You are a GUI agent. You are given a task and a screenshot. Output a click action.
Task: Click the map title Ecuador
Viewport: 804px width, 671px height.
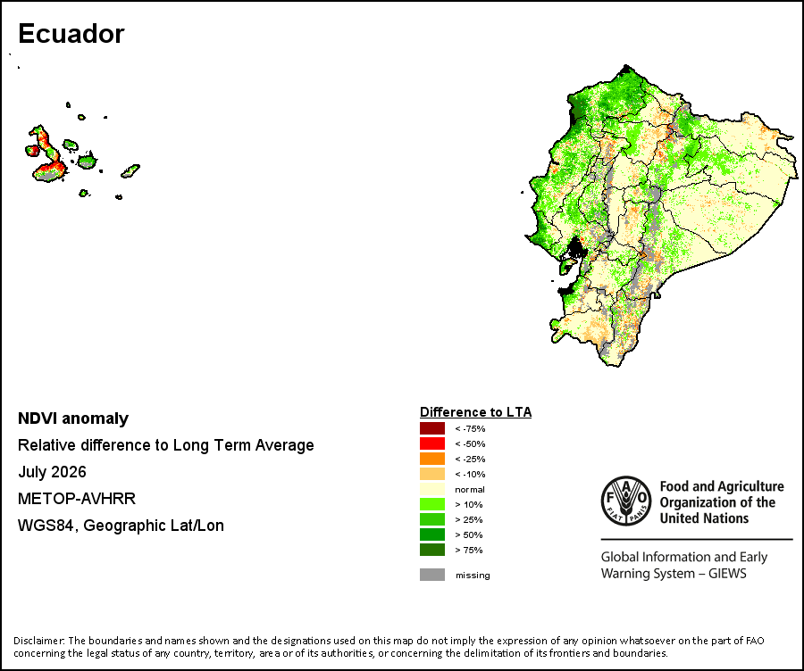click(71, 34)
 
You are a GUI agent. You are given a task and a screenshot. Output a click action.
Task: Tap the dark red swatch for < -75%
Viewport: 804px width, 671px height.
click(432, 428)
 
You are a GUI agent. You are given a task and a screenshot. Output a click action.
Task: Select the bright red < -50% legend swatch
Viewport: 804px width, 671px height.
click(432, 443)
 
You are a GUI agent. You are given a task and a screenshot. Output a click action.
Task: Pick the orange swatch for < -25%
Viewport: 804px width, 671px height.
click(432, 459)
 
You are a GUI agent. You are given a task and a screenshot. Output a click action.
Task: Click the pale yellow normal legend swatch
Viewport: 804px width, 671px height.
click(432, 489)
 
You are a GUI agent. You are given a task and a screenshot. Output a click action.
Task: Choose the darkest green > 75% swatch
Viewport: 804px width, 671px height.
click(432, 550)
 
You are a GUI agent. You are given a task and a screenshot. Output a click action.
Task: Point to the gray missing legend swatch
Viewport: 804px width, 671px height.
click(432, 575)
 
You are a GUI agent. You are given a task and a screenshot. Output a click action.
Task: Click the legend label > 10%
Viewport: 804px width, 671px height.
click(469, 504)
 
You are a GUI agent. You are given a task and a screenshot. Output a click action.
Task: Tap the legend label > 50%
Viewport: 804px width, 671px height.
click(469, 534)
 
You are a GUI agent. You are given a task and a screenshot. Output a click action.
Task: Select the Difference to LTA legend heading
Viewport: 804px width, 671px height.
click(476, 412)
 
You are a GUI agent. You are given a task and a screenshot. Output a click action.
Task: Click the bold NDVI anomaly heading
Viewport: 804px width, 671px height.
click(73, 418)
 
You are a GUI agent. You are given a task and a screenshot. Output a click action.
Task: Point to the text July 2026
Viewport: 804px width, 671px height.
click(53, 472)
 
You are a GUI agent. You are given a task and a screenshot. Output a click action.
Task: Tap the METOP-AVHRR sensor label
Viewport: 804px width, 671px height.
click(77, 499)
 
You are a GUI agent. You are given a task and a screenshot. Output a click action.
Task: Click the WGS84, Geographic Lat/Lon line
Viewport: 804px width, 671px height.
click(121, 526)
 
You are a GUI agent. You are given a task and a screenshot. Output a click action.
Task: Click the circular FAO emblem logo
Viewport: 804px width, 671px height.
click(626, 501)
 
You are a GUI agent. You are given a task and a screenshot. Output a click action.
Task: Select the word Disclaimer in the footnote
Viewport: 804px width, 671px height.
click(39, 641)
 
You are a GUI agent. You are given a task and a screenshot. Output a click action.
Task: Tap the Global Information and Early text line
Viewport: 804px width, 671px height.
click(684, 557)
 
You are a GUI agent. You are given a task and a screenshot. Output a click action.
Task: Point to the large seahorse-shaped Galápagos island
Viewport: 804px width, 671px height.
click(47, 155)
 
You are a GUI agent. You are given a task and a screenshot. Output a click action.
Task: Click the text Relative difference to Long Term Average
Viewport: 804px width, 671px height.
click(165, 445)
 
